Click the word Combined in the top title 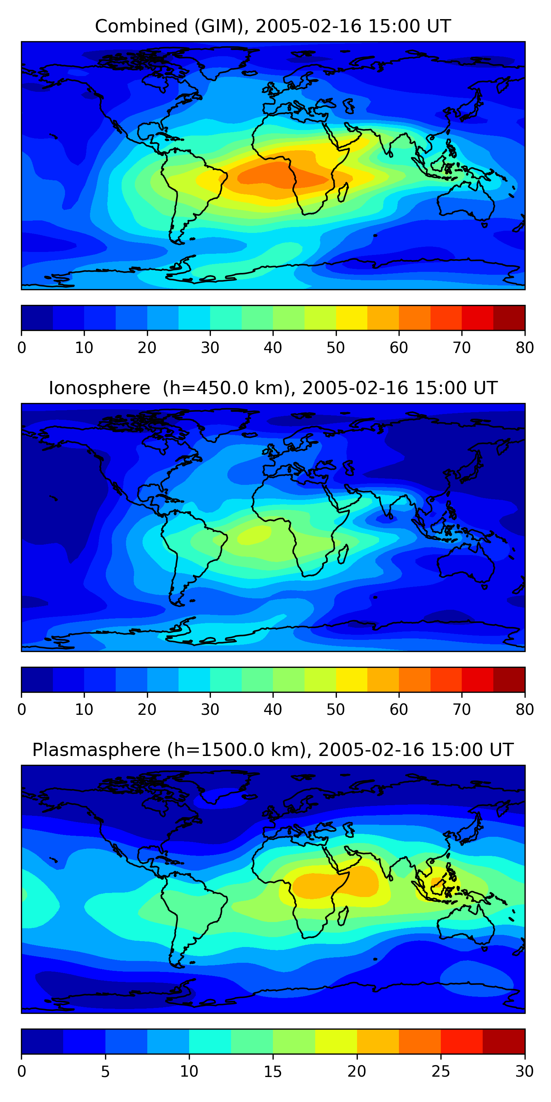pyautogui.click(x=141, y=26)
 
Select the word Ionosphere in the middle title pyautogui.click(x=99, y=388)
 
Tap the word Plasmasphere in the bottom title pyautogui.click(x=96, y=750)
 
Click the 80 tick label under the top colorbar pyautogui.click(x=525, y=348)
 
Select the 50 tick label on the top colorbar pyautogui.click(x=336, y=348)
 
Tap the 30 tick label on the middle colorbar pyautogui.click(x=210, y=710)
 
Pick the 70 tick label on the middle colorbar pyautogui.click(x=462, y=710)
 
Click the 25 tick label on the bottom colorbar pyautogui.click(x=441, y=1072)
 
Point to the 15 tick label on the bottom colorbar pyautogui.click(x=273, y=1072)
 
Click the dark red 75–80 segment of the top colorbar pyautogui.click(x=509, y=318)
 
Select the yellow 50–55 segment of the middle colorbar pyautogui.click(x=352, y=680)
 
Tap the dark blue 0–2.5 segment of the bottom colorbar pyautogui.click(x=42, y=1042)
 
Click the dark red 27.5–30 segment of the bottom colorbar pyautogui.click(x=504, y=1042)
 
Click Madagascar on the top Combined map pyautogui.click(x=343, y=192)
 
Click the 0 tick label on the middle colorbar pyautogui.click(x=22, y=710)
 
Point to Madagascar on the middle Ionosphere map pyautogui.click(x=343, y=554)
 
